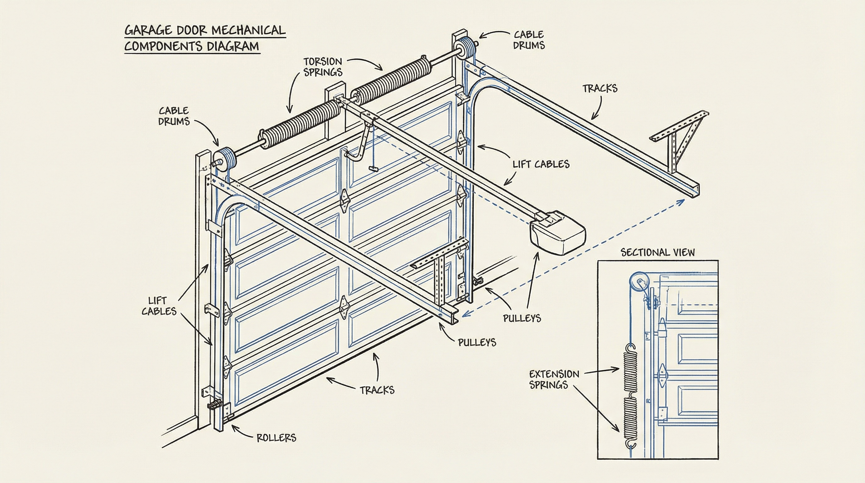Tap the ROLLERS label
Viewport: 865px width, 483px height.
click(276, 438)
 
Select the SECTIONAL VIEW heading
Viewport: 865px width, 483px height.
click(657, 252)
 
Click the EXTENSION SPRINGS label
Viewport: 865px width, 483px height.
click(554, 379)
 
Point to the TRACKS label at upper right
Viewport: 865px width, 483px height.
click(600, 88)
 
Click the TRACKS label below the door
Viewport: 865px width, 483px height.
click(377, 390)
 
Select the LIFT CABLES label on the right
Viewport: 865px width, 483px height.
click(541, 164)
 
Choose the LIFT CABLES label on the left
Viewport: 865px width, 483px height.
click(158, 306)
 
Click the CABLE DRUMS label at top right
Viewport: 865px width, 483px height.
click(529, 40)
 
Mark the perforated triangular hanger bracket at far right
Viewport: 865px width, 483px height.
click(682, 138)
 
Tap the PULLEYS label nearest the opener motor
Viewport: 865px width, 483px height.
click(521, 318)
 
